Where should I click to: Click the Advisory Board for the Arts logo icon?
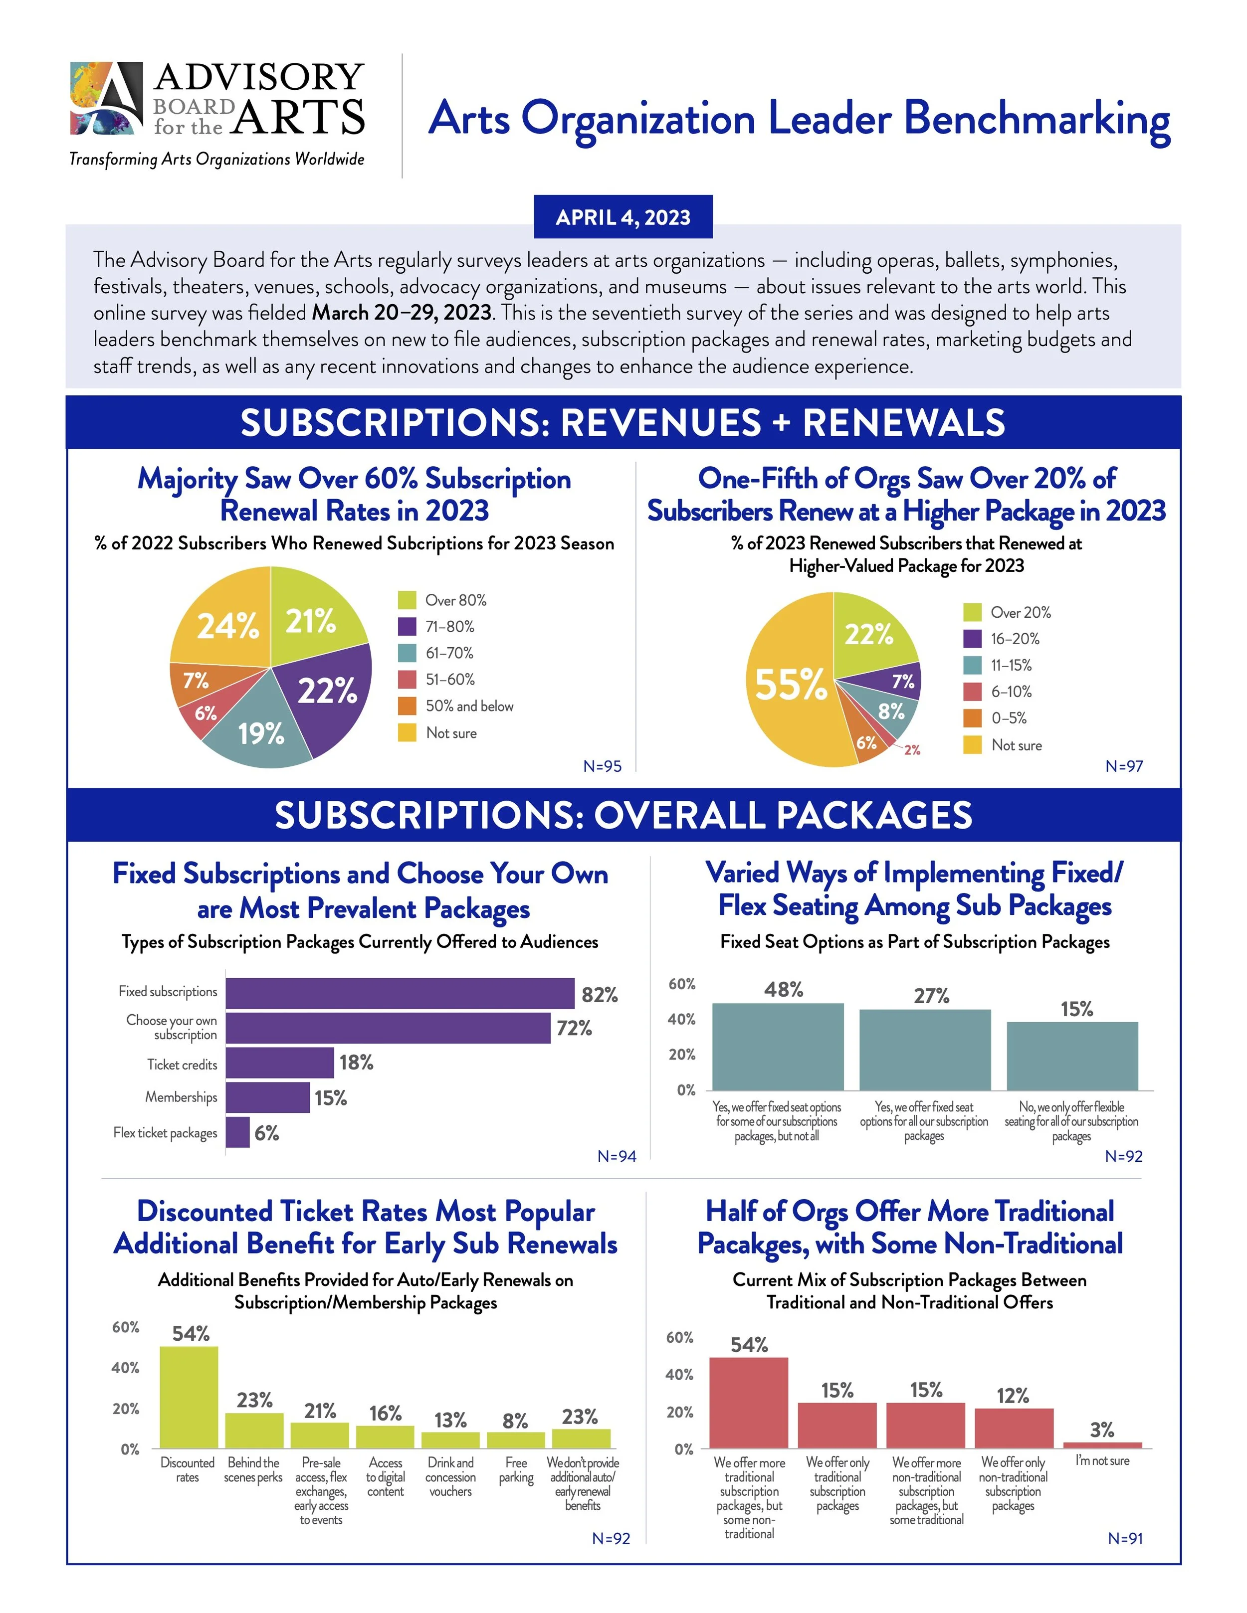point(106,98)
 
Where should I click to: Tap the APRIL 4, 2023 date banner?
point(623,217)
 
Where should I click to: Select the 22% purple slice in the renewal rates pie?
point(325,694)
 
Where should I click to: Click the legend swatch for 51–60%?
point(407,680)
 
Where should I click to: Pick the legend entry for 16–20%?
point(1014,639)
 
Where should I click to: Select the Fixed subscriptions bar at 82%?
point(400,993)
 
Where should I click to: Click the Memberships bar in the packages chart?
point(267,1097)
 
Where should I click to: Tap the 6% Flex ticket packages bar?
point(238,1132)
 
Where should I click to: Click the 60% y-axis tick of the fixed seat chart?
point(682,984)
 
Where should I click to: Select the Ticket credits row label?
point(182,1064)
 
